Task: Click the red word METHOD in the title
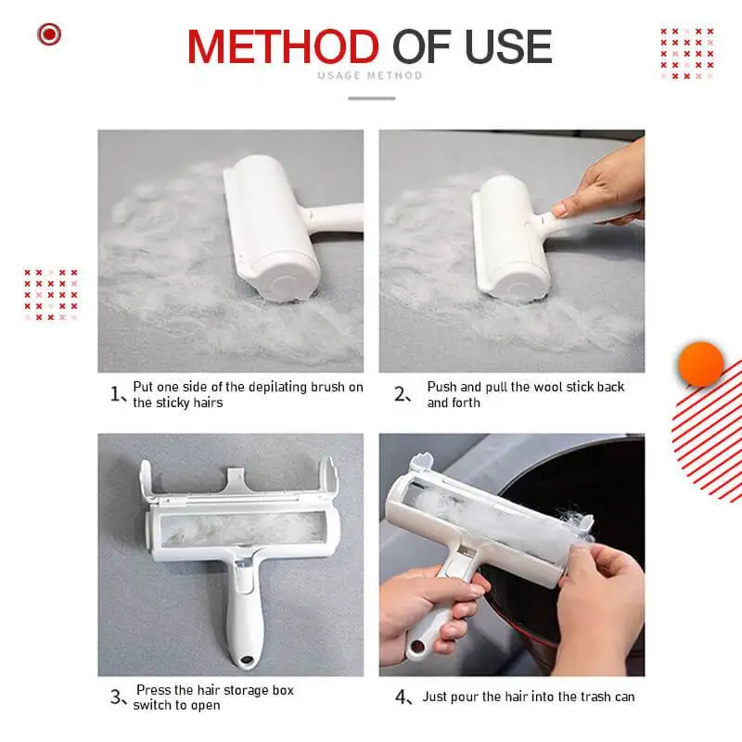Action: [283, 46]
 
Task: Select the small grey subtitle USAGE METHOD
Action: [370, 76]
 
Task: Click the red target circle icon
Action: [49, 35]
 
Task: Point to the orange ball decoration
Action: [700, 364]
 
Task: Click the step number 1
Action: [116, 394]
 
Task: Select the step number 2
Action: [401, 394]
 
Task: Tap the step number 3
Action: [116, 697]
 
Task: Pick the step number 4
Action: [401, 697]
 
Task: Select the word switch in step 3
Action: [151, 706]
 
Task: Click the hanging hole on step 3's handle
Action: [246, 661]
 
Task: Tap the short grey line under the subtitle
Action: [370, 97]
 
